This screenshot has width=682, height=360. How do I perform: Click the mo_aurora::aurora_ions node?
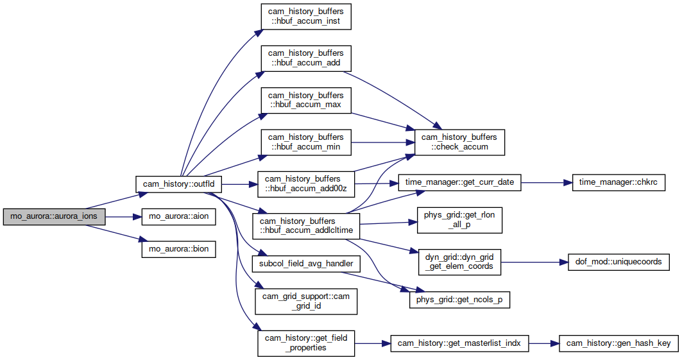click(x=55, y=216)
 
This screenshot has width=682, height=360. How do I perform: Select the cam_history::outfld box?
click(x=178, y=184)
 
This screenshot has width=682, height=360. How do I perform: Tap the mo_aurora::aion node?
click(x=179, y=216)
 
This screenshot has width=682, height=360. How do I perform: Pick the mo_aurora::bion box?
click(x=179, y=249)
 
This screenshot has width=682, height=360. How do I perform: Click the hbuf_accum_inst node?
click(x=306, y=17)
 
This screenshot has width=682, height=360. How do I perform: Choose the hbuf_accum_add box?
click(x=306, y=58)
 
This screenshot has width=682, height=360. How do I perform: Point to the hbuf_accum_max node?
click(x=306, y=101)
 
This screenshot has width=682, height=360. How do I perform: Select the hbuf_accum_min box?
click(x=306, y=142)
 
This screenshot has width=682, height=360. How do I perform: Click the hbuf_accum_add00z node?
click(x=306, y=184)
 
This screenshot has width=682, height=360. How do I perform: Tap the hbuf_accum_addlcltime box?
click(x=306, y=226)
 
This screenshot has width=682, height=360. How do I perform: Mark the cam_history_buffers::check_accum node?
click(x=459, y=142)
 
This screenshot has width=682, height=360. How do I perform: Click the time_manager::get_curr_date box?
click(x=460, y=182)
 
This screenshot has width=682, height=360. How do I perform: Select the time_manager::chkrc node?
click(x=618, y=182)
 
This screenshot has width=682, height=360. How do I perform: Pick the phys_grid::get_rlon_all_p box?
click(x=459, y=220)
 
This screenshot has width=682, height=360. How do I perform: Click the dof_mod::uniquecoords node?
click(x=619, y=262)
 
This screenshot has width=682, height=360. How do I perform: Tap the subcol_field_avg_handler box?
click(x=306, y=264)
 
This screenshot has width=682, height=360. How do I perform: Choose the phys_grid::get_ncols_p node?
click(x=459, y=300)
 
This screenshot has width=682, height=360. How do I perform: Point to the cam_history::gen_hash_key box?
click(x=618, y=343)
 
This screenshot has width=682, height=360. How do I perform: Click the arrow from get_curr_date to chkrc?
click(x=546, y=183)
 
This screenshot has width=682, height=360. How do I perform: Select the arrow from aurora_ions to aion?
click(x=124, y=216)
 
